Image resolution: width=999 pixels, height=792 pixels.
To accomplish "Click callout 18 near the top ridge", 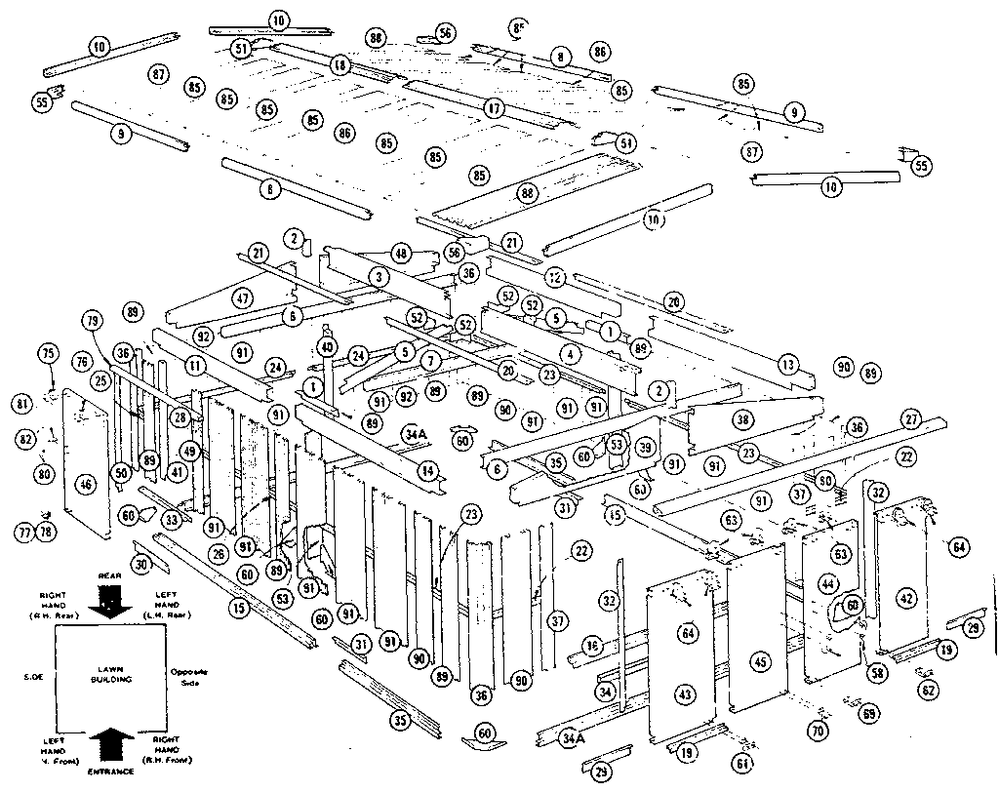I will [x=339, y=65].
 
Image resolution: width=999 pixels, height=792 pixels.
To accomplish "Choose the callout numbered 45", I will [x=761, y=662].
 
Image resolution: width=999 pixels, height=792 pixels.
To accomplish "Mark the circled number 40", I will [x=327, y=346].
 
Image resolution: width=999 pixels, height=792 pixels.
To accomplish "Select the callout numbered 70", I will [x=818, y=730].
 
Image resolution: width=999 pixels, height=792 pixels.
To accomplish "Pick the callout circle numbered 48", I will [x=401, y=253].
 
